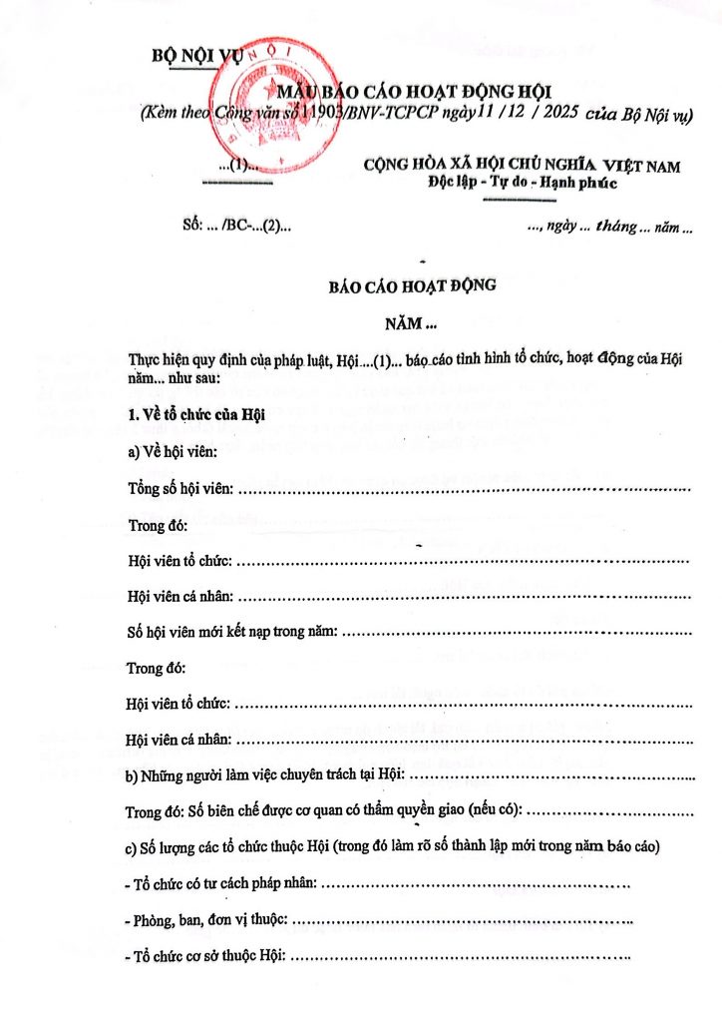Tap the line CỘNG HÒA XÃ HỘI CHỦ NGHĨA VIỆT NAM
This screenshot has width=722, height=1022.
(523, 166)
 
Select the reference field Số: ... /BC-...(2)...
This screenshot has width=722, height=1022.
(237, 226)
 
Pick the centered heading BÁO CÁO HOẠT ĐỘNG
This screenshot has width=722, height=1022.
(412, 285)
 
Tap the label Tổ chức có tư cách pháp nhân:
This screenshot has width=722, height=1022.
(224, 883)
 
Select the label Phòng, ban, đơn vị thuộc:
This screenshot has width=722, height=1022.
(211, 919)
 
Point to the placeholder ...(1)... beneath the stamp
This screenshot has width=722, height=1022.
(237, 166)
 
